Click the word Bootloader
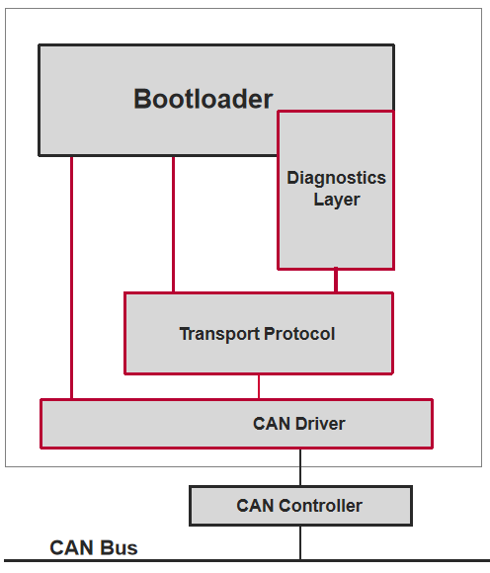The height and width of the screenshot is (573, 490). pos(203,99)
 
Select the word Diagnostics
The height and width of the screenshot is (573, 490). pos(336,178)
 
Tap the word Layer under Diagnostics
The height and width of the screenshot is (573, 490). pos(336,200)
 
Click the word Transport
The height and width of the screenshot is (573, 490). pos(216,334)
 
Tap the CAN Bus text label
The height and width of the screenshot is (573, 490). pos(94,547)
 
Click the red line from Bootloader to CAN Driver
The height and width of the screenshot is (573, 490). pos(72,277)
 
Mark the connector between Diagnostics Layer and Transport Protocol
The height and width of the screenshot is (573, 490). pos(336,281)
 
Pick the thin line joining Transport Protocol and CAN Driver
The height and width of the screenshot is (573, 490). pos(259,386)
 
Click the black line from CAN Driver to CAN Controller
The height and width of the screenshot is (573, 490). pos(300,466)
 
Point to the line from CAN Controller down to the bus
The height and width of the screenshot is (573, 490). pos(300,542)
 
